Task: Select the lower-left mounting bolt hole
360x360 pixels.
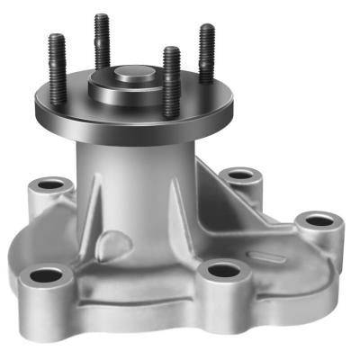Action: [x=45, y=275]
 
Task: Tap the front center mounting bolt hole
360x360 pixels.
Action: [x=222, y=269]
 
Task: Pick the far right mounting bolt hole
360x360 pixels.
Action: [x=318, y=220]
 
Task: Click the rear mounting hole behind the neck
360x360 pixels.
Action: [x=238, y=175]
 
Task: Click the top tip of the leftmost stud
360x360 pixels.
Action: [x=57, y=38]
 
